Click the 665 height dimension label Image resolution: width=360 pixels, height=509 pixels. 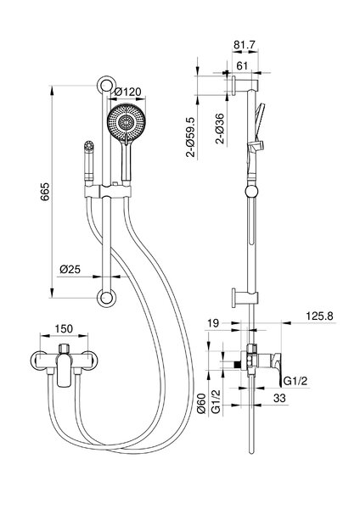point(45,192)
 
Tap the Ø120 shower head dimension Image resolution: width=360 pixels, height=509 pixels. point(128,92)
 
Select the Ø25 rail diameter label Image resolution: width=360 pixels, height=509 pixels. point(70,269)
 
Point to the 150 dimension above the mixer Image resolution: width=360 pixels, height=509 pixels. point(64,328)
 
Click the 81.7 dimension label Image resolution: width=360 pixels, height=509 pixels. point(245,45)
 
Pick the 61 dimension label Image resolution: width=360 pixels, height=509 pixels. point(242,66)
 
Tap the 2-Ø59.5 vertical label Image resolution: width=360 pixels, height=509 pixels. point(192,137)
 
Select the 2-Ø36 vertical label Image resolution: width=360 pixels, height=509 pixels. point(220,129)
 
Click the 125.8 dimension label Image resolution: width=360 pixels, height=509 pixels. point(320,316)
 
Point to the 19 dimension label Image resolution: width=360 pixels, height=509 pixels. point(213,323)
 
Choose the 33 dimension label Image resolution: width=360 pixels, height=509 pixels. point(279,398)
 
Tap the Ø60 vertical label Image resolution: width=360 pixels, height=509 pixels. point(201,403)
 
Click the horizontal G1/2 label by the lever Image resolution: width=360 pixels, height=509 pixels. point(295,381)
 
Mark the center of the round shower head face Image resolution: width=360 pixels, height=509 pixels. point(126,123)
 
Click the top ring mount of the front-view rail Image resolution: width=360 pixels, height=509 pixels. point(106,86)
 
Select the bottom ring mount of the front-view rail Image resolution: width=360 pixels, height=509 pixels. point(106,298)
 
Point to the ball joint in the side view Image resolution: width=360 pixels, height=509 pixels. point(252,192)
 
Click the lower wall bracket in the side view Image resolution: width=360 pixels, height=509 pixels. point(245,298)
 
